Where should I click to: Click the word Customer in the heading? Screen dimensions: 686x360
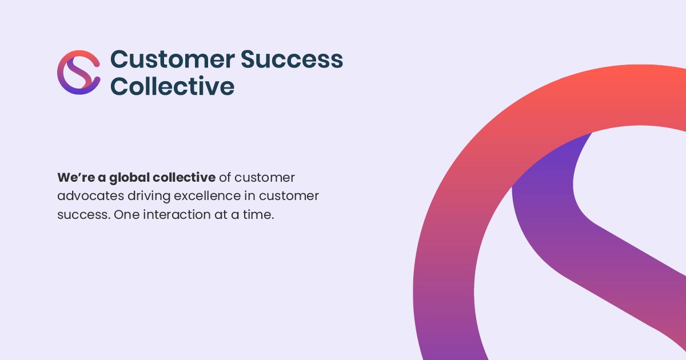coord(173,59)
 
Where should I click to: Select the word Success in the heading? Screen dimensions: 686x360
coord(292,59)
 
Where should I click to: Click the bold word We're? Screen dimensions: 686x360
coord(76,178)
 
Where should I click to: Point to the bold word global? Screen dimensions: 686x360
coord(130,178)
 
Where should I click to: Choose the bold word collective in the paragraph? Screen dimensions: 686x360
coord(184,178)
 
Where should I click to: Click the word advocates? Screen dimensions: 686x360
coord(91,196)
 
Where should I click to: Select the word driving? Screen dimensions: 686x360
coord(149,197)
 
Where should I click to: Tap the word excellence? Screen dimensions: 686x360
coord(208,196)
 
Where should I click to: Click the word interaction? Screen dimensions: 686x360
coord(177,215)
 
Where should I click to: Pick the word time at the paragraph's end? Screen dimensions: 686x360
coord(258,215)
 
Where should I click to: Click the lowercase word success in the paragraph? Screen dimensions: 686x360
coord(83,215)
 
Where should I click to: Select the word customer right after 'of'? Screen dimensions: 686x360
coord(265,178)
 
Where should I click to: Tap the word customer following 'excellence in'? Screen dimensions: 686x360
coord(289,197)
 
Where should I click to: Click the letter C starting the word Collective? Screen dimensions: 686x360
coord(118,86)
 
